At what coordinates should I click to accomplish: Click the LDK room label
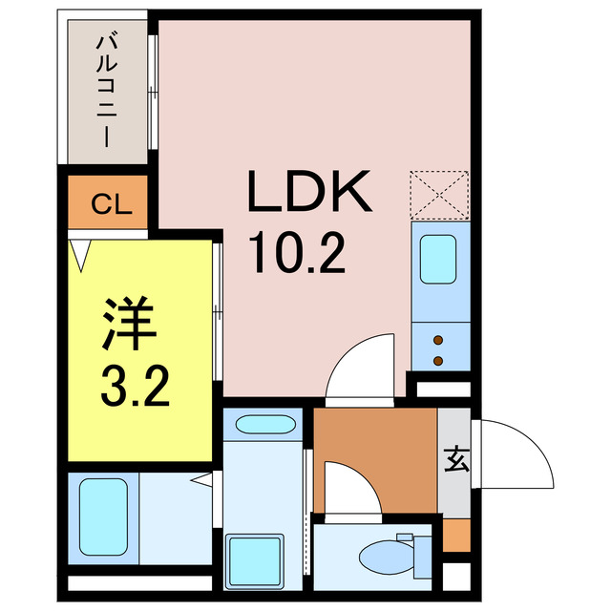point(307,193)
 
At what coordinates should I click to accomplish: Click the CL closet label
point(106,202)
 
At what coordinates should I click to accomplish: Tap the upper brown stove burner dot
point(439,340)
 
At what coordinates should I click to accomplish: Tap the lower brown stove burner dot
point(439,361)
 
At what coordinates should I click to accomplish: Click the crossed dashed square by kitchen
point(439,194)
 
